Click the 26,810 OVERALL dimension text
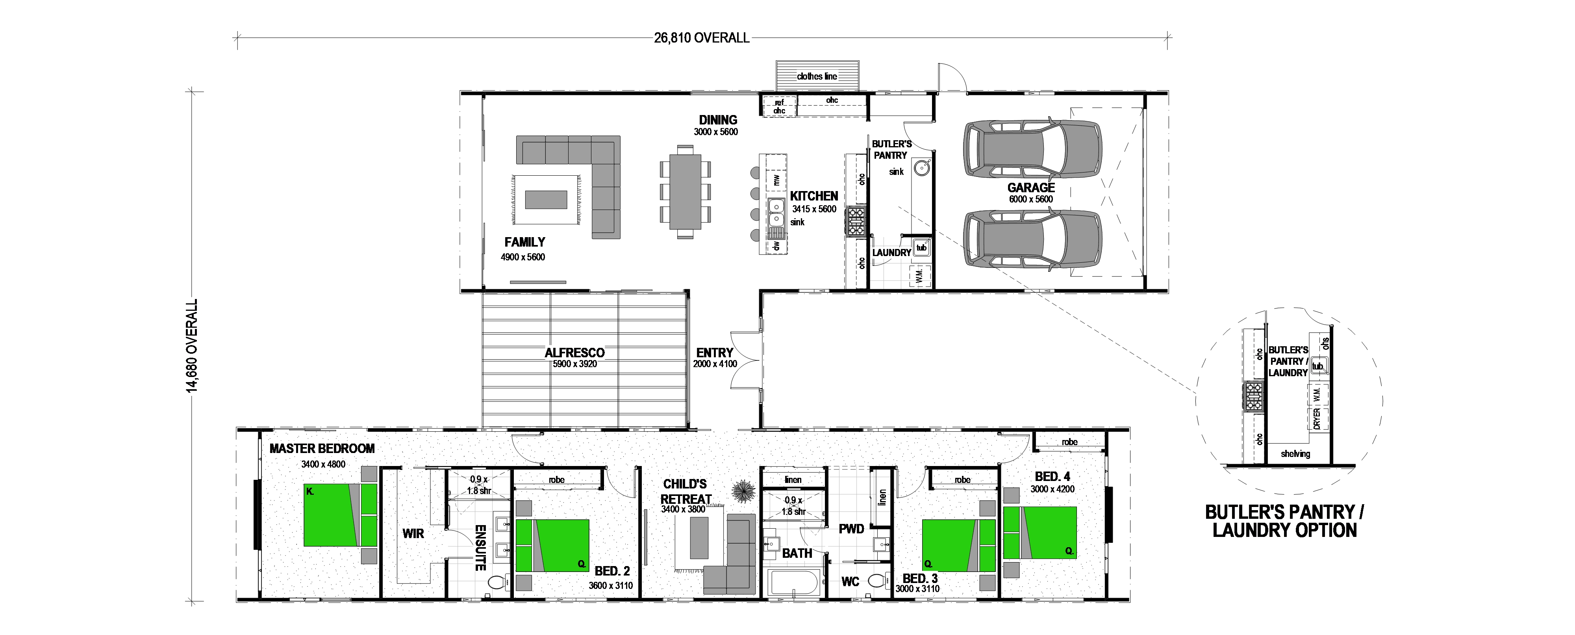701,38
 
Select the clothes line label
817,76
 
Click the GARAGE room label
1031,188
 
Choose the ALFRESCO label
575,353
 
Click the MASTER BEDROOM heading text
322,448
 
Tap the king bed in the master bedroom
341,515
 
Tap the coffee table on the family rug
546,199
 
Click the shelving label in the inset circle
1295,454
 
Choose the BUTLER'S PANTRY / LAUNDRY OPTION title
1284,521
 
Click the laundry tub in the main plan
921,248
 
